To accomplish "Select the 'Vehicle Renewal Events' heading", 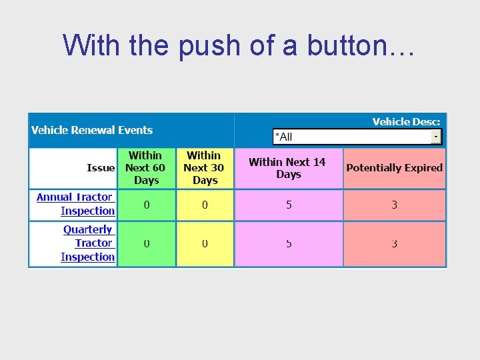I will click(x=92, y=130).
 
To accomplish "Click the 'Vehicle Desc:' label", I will click(x=406, y=121).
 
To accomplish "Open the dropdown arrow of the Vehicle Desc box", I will click(x=436, y=136).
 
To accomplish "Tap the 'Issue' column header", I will click(x=101, y=167).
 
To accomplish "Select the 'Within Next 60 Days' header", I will click(x=146, y=167).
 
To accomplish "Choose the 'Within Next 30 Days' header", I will click(x=205, y=167).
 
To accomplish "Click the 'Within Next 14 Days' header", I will click(x=288, y=168).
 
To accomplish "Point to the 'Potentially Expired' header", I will click(x=394, y=168).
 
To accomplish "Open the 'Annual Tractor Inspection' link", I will click(x=76, y=204).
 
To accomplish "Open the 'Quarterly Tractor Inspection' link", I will click(x=88, y=243).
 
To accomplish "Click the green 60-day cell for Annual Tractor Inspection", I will click(x=146, y=205).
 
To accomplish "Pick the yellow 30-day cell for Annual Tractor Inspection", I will click(x=205, y=205).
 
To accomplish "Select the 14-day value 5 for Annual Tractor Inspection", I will click(x=289, y=205).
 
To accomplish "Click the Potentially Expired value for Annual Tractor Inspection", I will click(x=394, y=205).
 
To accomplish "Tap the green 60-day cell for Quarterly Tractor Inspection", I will click(x=146, y=244).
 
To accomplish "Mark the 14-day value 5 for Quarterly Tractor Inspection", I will click(x=289, y=244).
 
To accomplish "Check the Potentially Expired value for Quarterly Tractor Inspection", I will click(x=394, y=244).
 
